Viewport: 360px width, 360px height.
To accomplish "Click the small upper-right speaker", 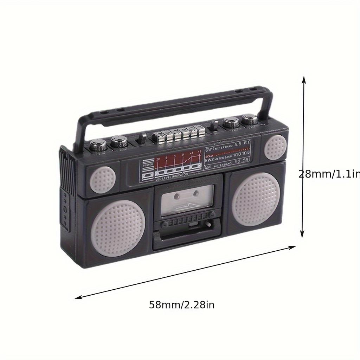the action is point(276,147).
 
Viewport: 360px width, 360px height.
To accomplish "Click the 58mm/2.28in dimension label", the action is point(181,304).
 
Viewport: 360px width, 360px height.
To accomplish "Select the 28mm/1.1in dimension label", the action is point(329,174).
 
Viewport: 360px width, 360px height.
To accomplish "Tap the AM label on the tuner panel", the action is point(207,168).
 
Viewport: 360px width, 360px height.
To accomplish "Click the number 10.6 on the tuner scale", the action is point(246,153).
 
